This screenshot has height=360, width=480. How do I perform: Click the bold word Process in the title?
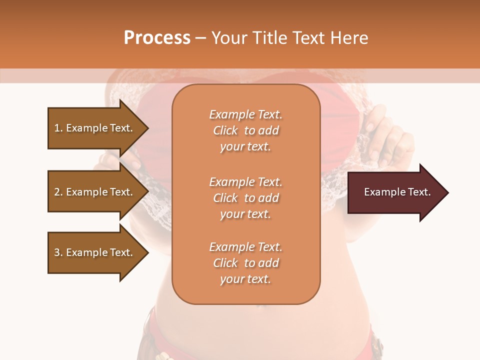[x=157, y=37]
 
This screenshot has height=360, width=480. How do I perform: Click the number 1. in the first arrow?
[x=58, y=128]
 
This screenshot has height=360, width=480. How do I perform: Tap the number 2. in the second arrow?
[x=58, y=192]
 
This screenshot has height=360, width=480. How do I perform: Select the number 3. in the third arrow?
[x=58, y=252]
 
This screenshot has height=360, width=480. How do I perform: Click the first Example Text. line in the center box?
[x=245, y=114]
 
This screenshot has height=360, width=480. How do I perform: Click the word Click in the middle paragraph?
[x=225, y=198]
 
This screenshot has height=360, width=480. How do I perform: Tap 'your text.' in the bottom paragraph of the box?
[x=245, y=279]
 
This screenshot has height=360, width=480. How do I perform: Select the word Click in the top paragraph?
[x=225, y=130]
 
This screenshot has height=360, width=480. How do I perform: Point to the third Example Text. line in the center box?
[x=245, y=247]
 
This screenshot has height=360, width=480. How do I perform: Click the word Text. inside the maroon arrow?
[x=417, y=192]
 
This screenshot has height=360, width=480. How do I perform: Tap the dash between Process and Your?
[x=201, y=38]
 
